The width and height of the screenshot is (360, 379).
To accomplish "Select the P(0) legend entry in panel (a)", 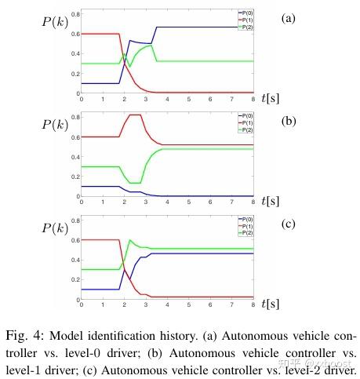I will [x=248, y=13].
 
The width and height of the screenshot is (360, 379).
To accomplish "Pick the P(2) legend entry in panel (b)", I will [x=248, y=127].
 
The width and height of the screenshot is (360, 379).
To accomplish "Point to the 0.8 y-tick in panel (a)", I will [x=74, y=14].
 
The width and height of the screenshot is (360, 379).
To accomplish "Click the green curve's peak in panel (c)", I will [x=129, y=240].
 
